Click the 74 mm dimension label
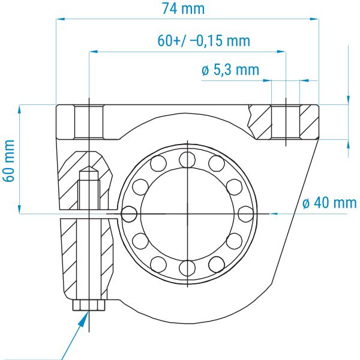click(183, 9)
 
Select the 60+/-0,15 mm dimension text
click(203, 41)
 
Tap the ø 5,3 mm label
click(230, 70)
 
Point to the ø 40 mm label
click(329, 203)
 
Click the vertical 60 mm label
click(9, 161)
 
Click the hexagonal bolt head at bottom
click(89, 305)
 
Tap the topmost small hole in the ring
click(187, 160)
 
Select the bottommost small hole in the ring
click(187, 268)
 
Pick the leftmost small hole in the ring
click(129, 214)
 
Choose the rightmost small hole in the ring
click(246, 214)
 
